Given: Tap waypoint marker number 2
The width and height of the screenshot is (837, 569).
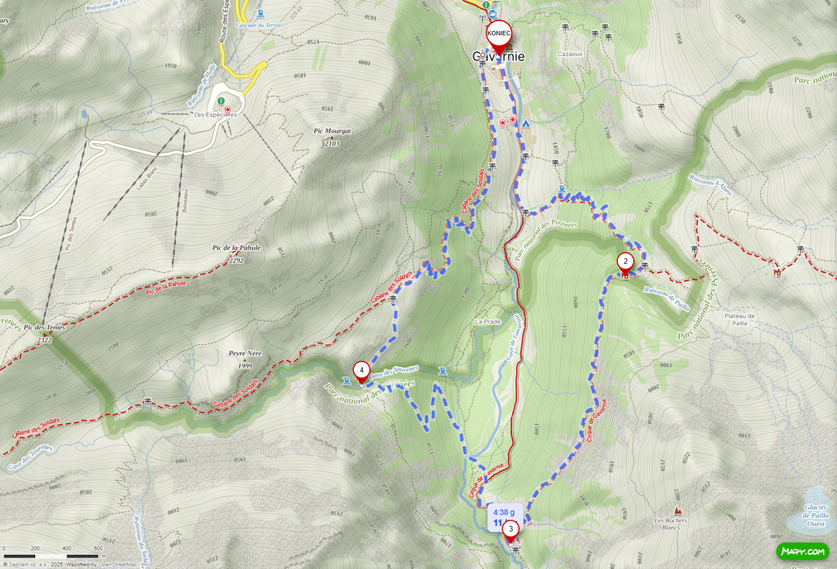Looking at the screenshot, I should [625, 262].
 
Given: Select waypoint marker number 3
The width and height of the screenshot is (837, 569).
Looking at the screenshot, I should [511, 529].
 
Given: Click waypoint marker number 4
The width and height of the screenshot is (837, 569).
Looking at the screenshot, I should [361, 371].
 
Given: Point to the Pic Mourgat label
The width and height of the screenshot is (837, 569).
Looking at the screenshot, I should [332, 131].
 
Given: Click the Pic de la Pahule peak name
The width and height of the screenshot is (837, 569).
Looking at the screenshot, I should [236, 247].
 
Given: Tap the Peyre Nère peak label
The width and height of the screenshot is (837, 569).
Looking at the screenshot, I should [245, 353].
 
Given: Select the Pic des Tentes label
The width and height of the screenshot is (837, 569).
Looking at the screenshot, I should [44, 328].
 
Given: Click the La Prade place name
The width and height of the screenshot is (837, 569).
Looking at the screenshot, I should [488, 322].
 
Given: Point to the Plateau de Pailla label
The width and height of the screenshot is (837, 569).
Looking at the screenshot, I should [740, 319].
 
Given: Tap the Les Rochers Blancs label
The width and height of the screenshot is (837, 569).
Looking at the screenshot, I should [671, 524].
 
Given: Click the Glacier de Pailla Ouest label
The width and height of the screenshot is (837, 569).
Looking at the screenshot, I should [815, 515].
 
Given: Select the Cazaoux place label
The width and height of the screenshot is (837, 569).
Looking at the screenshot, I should [570, 54].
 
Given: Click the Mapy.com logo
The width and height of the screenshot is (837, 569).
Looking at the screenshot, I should [802, 551].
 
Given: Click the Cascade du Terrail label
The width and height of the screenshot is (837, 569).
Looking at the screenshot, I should [259, 25].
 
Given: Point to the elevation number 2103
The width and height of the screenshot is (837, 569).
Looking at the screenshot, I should [332, 143].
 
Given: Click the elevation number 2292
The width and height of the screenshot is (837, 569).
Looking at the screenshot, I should [236, 260].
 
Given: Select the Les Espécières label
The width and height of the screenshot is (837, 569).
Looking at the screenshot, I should [215, 115].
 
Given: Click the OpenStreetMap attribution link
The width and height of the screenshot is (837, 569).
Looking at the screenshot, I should [118, 564].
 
